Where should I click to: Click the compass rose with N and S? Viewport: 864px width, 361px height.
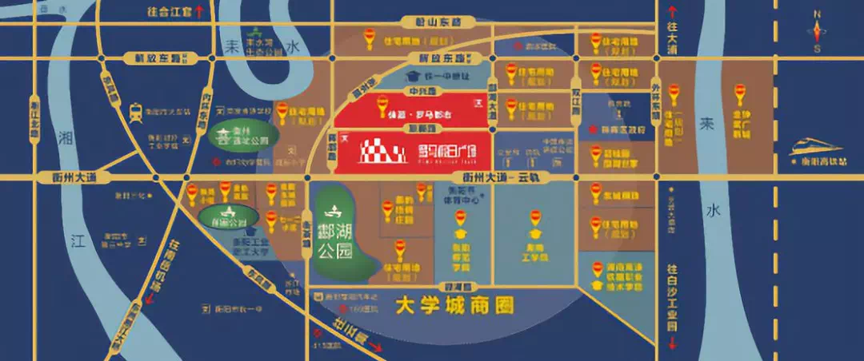coord(817,33)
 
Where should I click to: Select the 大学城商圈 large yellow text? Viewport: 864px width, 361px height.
coord(454,304)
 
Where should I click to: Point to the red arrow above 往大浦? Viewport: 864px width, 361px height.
coord(672,11)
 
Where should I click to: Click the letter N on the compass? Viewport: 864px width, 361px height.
coord(817,14)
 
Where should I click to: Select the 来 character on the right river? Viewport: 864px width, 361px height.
coord(706,125)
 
